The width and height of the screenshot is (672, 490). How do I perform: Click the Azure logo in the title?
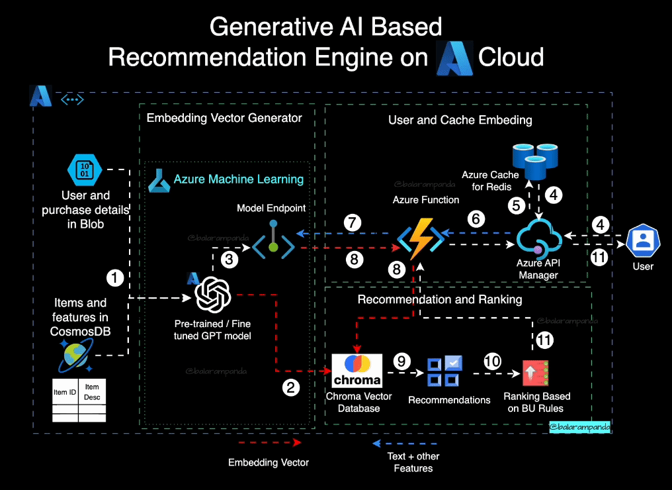click(x=454, y=57)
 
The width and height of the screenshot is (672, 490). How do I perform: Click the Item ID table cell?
click(x=65, y=392)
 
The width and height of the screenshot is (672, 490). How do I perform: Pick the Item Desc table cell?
click(x=92, y=391)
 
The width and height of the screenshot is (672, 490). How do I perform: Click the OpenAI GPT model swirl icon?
click(x=212, y=294)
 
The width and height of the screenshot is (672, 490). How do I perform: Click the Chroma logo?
click(x=357, y=371)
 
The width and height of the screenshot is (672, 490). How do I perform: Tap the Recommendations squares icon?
click(x=444, y=372)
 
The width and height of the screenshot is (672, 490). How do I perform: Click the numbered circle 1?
click(x=116, y=278)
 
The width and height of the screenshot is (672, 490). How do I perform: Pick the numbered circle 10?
click(x=492, y=361)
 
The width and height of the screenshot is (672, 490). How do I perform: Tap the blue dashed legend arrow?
click(x=405, y=442)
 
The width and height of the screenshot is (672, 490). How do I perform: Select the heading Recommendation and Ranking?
click(x=440, y=300)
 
